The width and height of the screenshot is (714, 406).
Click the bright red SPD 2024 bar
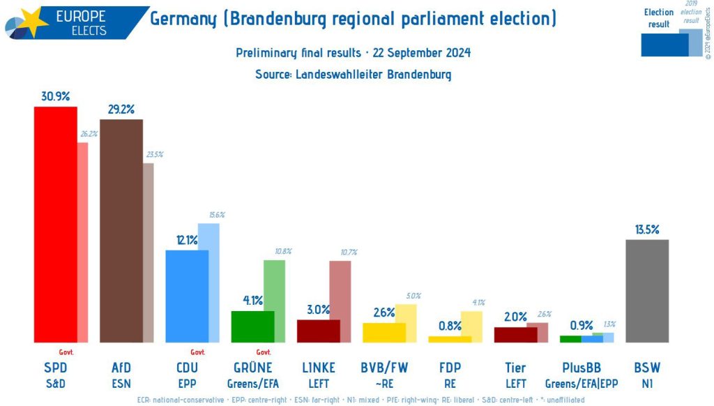click(x=55, y=223)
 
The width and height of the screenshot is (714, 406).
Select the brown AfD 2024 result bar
click(x=121, y=230)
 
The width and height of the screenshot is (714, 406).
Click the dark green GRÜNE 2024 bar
click(x=252, y=326)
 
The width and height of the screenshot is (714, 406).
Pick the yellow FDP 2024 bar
click(x=449, y=339)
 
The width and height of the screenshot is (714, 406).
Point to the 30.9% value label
click(x=55, y=96)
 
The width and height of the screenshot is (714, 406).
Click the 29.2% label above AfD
click(x=121, y=109)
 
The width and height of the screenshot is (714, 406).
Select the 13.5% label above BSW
click(x=647, y=229)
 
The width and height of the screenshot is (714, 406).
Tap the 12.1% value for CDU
click(x=187, y=240)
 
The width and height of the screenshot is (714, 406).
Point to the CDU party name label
click(x=187, y=368)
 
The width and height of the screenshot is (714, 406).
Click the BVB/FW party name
click(x=384, y=368)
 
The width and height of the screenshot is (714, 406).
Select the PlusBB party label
click(x=582, y=368)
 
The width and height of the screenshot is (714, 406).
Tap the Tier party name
click(x=515, y=368)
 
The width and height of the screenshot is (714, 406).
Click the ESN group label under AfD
click(x=121, y=383)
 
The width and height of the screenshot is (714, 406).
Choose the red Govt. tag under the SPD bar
click(x=66, y=352)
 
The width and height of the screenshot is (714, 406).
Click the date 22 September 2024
click(x=421, y=53)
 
